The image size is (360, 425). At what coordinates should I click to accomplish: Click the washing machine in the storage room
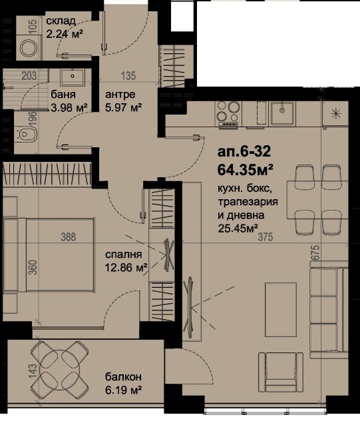(29, 49)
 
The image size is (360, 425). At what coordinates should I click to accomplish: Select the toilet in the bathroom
(27, 137)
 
